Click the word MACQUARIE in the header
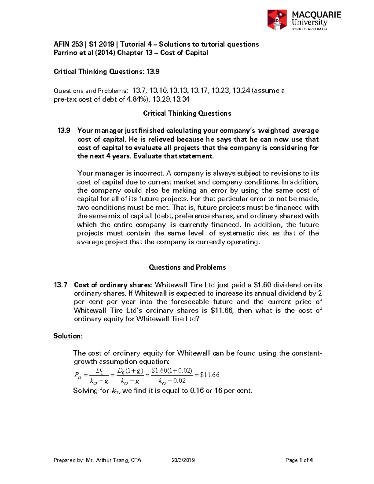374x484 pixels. [316, 15]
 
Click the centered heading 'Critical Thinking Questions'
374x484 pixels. [187, 113]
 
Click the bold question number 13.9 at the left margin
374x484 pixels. [64, 131]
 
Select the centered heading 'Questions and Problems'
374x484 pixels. [187, 267]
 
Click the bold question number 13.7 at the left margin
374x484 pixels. [60, 285]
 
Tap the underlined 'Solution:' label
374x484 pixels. [68, 336]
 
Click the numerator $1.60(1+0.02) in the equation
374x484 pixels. [171, 371]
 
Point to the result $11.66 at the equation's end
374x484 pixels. [210, 375]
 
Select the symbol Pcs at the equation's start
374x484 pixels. [78, 375]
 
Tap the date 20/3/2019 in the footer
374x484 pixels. [183, 460]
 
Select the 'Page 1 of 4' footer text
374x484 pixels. [299, 460]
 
